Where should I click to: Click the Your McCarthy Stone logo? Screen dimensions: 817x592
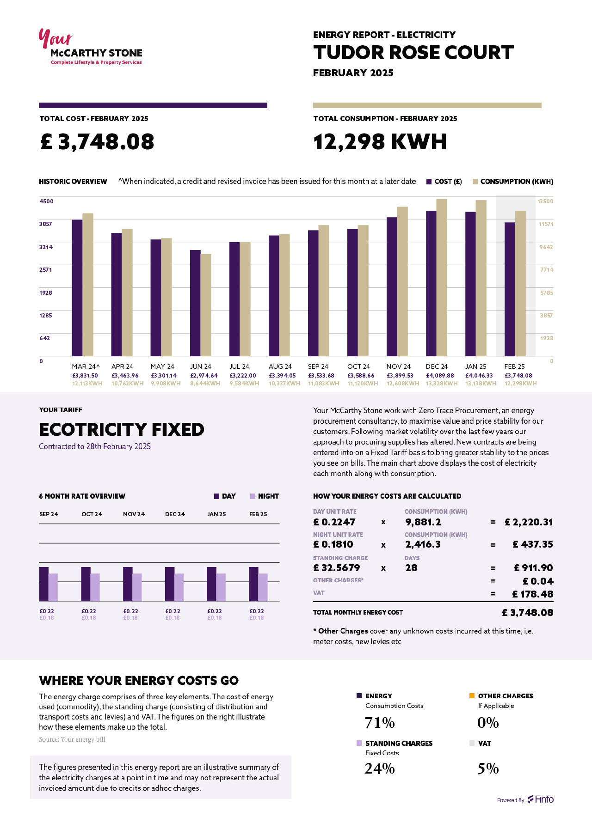click(90, 48)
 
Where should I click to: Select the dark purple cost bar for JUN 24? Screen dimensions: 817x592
click(195, 303)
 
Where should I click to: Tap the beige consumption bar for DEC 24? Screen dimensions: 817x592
click(442, 277)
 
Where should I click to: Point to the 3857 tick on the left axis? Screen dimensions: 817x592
click(46, 224)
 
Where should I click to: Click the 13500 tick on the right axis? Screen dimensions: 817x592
click(545, 201)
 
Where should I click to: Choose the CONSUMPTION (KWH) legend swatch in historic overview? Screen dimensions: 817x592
click(475, 182)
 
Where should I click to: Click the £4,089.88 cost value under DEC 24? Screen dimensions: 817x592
click(440, 376)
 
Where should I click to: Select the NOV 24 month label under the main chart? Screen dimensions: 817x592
click(399, 366)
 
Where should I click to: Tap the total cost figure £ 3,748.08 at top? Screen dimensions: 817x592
click(97, 142)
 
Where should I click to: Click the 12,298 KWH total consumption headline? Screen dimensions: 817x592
click(380, 142)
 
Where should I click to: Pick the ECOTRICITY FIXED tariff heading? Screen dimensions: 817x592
click(122, 430)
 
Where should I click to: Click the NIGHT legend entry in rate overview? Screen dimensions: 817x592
click(264, 496)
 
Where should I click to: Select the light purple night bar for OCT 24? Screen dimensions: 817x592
click(95, 587)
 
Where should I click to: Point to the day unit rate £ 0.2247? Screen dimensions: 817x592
click(334, 522)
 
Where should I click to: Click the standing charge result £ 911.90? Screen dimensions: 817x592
click(533, 568)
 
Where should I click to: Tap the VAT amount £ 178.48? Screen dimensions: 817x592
click(532, 594)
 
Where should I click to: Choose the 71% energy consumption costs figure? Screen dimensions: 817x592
click(380, 723)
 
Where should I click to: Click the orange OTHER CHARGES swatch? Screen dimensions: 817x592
click(472, 696)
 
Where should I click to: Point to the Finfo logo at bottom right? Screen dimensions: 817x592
click(541, 799)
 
